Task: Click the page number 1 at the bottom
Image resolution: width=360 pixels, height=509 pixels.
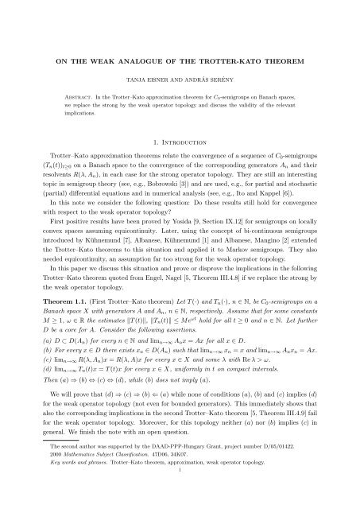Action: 180,493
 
